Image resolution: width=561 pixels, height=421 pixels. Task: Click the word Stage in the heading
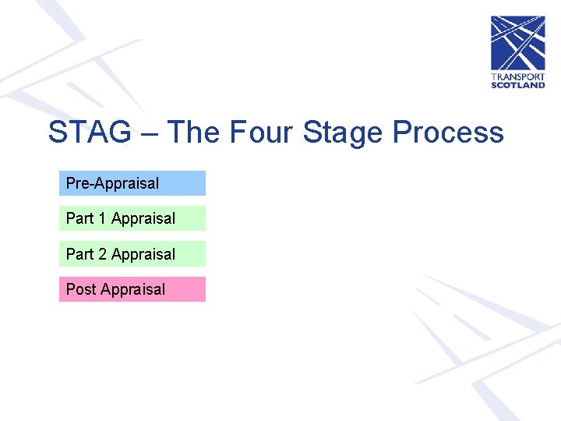pyautogui.click(x=344, y=134)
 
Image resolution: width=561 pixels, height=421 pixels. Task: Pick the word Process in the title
pyautogui.click(x=448, y=133)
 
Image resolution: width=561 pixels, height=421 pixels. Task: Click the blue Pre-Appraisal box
pyautogui.click(x=132, y=183)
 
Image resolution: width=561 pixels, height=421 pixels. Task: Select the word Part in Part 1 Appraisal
pyautogui.click(x=79, y=218)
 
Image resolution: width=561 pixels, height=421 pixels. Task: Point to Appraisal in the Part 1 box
pyautogui.click(x=143, y=219)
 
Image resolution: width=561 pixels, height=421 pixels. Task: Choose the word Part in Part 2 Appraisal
pyautogui.click(x=79, y=254)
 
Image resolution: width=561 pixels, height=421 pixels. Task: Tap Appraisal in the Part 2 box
pyautogui.click(x=143, y=255)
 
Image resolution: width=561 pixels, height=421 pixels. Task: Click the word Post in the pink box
pyautogui.click(x=81, y=289)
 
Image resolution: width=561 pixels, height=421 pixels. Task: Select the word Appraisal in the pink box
pyautogui.click(x=133, y=290)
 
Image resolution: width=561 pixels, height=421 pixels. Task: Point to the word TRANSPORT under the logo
pyautogui.click(x=517, y=77)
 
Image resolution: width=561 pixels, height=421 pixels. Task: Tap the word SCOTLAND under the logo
pyautogui.click(x=517, y=85)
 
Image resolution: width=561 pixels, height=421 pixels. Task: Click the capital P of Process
pyautogui.click(x=402, y=133)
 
